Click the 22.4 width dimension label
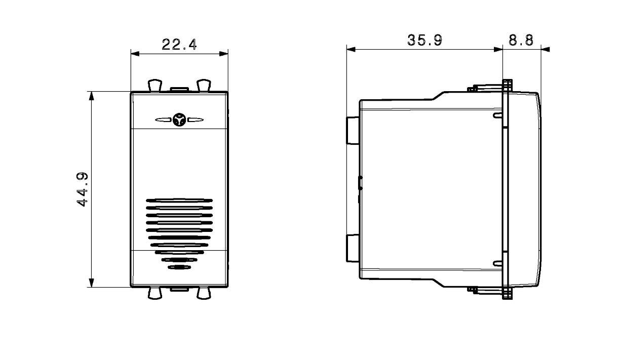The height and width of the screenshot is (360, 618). pos(179,45)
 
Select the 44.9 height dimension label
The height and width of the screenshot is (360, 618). pos(82,189)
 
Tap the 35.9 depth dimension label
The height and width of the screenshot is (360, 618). pos(424,40)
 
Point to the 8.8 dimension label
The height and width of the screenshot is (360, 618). pos(521,40)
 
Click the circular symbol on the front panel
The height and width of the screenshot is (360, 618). pos(179,119)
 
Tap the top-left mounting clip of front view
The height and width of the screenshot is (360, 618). pos(155,85)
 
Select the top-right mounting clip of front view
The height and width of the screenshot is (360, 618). pos(204,85)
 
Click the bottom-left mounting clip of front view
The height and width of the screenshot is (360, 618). pos(155,293)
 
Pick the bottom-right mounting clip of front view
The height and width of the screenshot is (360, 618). pos(204,293)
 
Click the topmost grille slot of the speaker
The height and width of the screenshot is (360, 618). pos(179,201)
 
